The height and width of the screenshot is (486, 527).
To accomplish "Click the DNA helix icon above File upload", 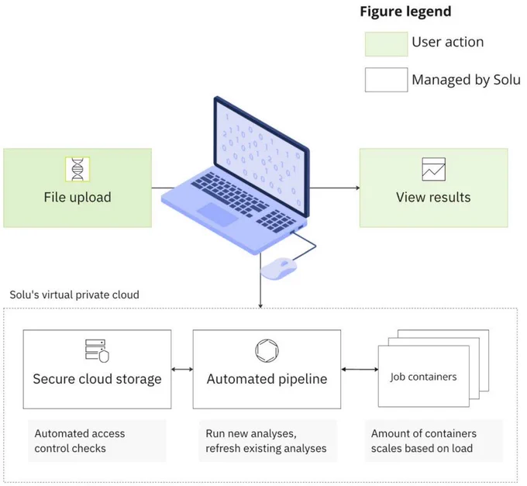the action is coord(77,169).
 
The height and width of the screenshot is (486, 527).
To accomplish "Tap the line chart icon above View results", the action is coord(433,169).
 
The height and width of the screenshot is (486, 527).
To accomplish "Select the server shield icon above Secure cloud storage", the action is coord(97,351).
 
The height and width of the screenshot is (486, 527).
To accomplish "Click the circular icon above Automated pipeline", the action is coord(267,350).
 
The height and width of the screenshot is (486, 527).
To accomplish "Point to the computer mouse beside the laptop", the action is coord(279,268).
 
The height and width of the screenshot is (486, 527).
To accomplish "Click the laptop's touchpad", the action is coord(218,214).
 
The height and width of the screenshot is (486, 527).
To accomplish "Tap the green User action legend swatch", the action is coord(387,44).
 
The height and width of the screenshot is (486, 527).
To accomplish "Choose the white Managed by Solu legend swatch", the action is coord(387,80).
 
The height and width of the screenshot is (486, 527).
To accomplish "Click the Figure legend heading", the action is coord(405,12).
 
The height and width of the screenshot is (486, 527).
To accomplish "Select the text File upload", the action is coord(77,198).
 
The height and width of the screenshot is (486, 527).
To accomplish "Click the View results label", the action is coord(433,198).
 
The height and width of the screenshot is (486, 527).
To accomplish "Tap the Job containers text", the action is coord(423,377).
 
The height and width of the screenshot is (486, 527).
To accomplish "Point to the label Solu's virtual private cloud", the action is coord(74,295).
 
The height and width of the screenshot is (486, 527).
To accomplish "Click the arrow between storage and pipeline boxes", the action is coord(182,370).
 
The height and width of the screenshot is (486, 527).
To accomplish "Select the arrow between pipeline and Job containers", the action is coord(360,370).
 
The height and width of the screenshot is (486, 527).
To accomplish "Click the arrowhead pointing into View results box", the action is coord(358,188).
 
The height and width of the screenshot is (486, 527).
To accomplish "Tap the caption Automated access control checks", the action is coord(80,440).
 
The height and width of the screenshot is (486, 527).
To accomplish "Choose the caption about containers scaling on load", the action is coord(424,440).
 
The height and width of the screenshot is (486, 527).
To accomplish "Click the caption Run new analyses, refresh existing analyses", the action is coord(266,440).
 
